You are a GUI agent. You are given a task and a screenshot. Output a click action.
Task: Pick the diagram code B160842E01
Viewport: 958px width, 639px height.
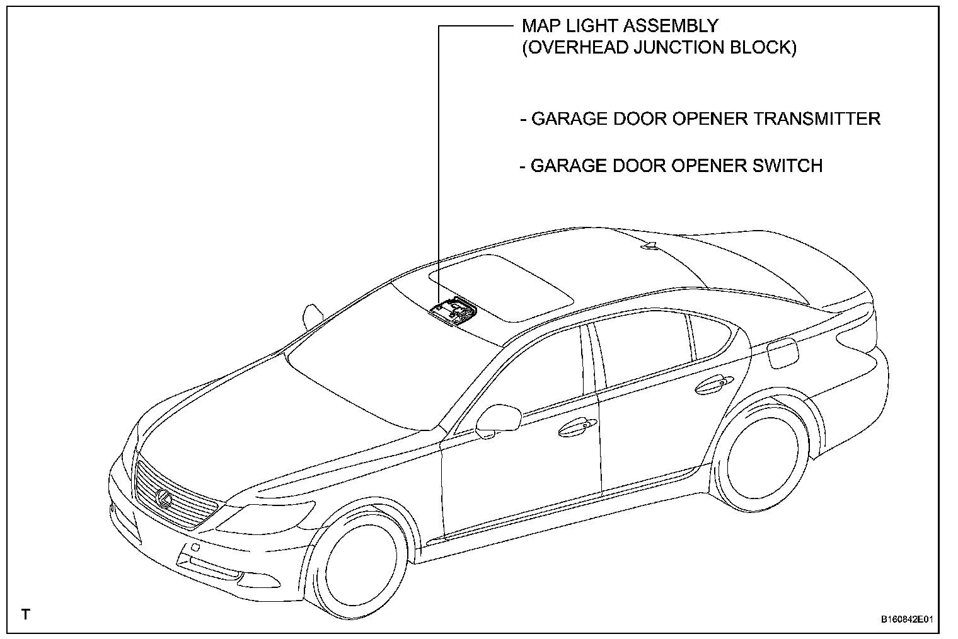pyautogui.click(x=905, y=619)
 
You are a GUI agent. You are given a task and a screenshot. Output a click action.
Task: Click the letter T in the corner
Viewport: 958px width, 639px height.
pyautogui.click(x=25, y=614)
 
